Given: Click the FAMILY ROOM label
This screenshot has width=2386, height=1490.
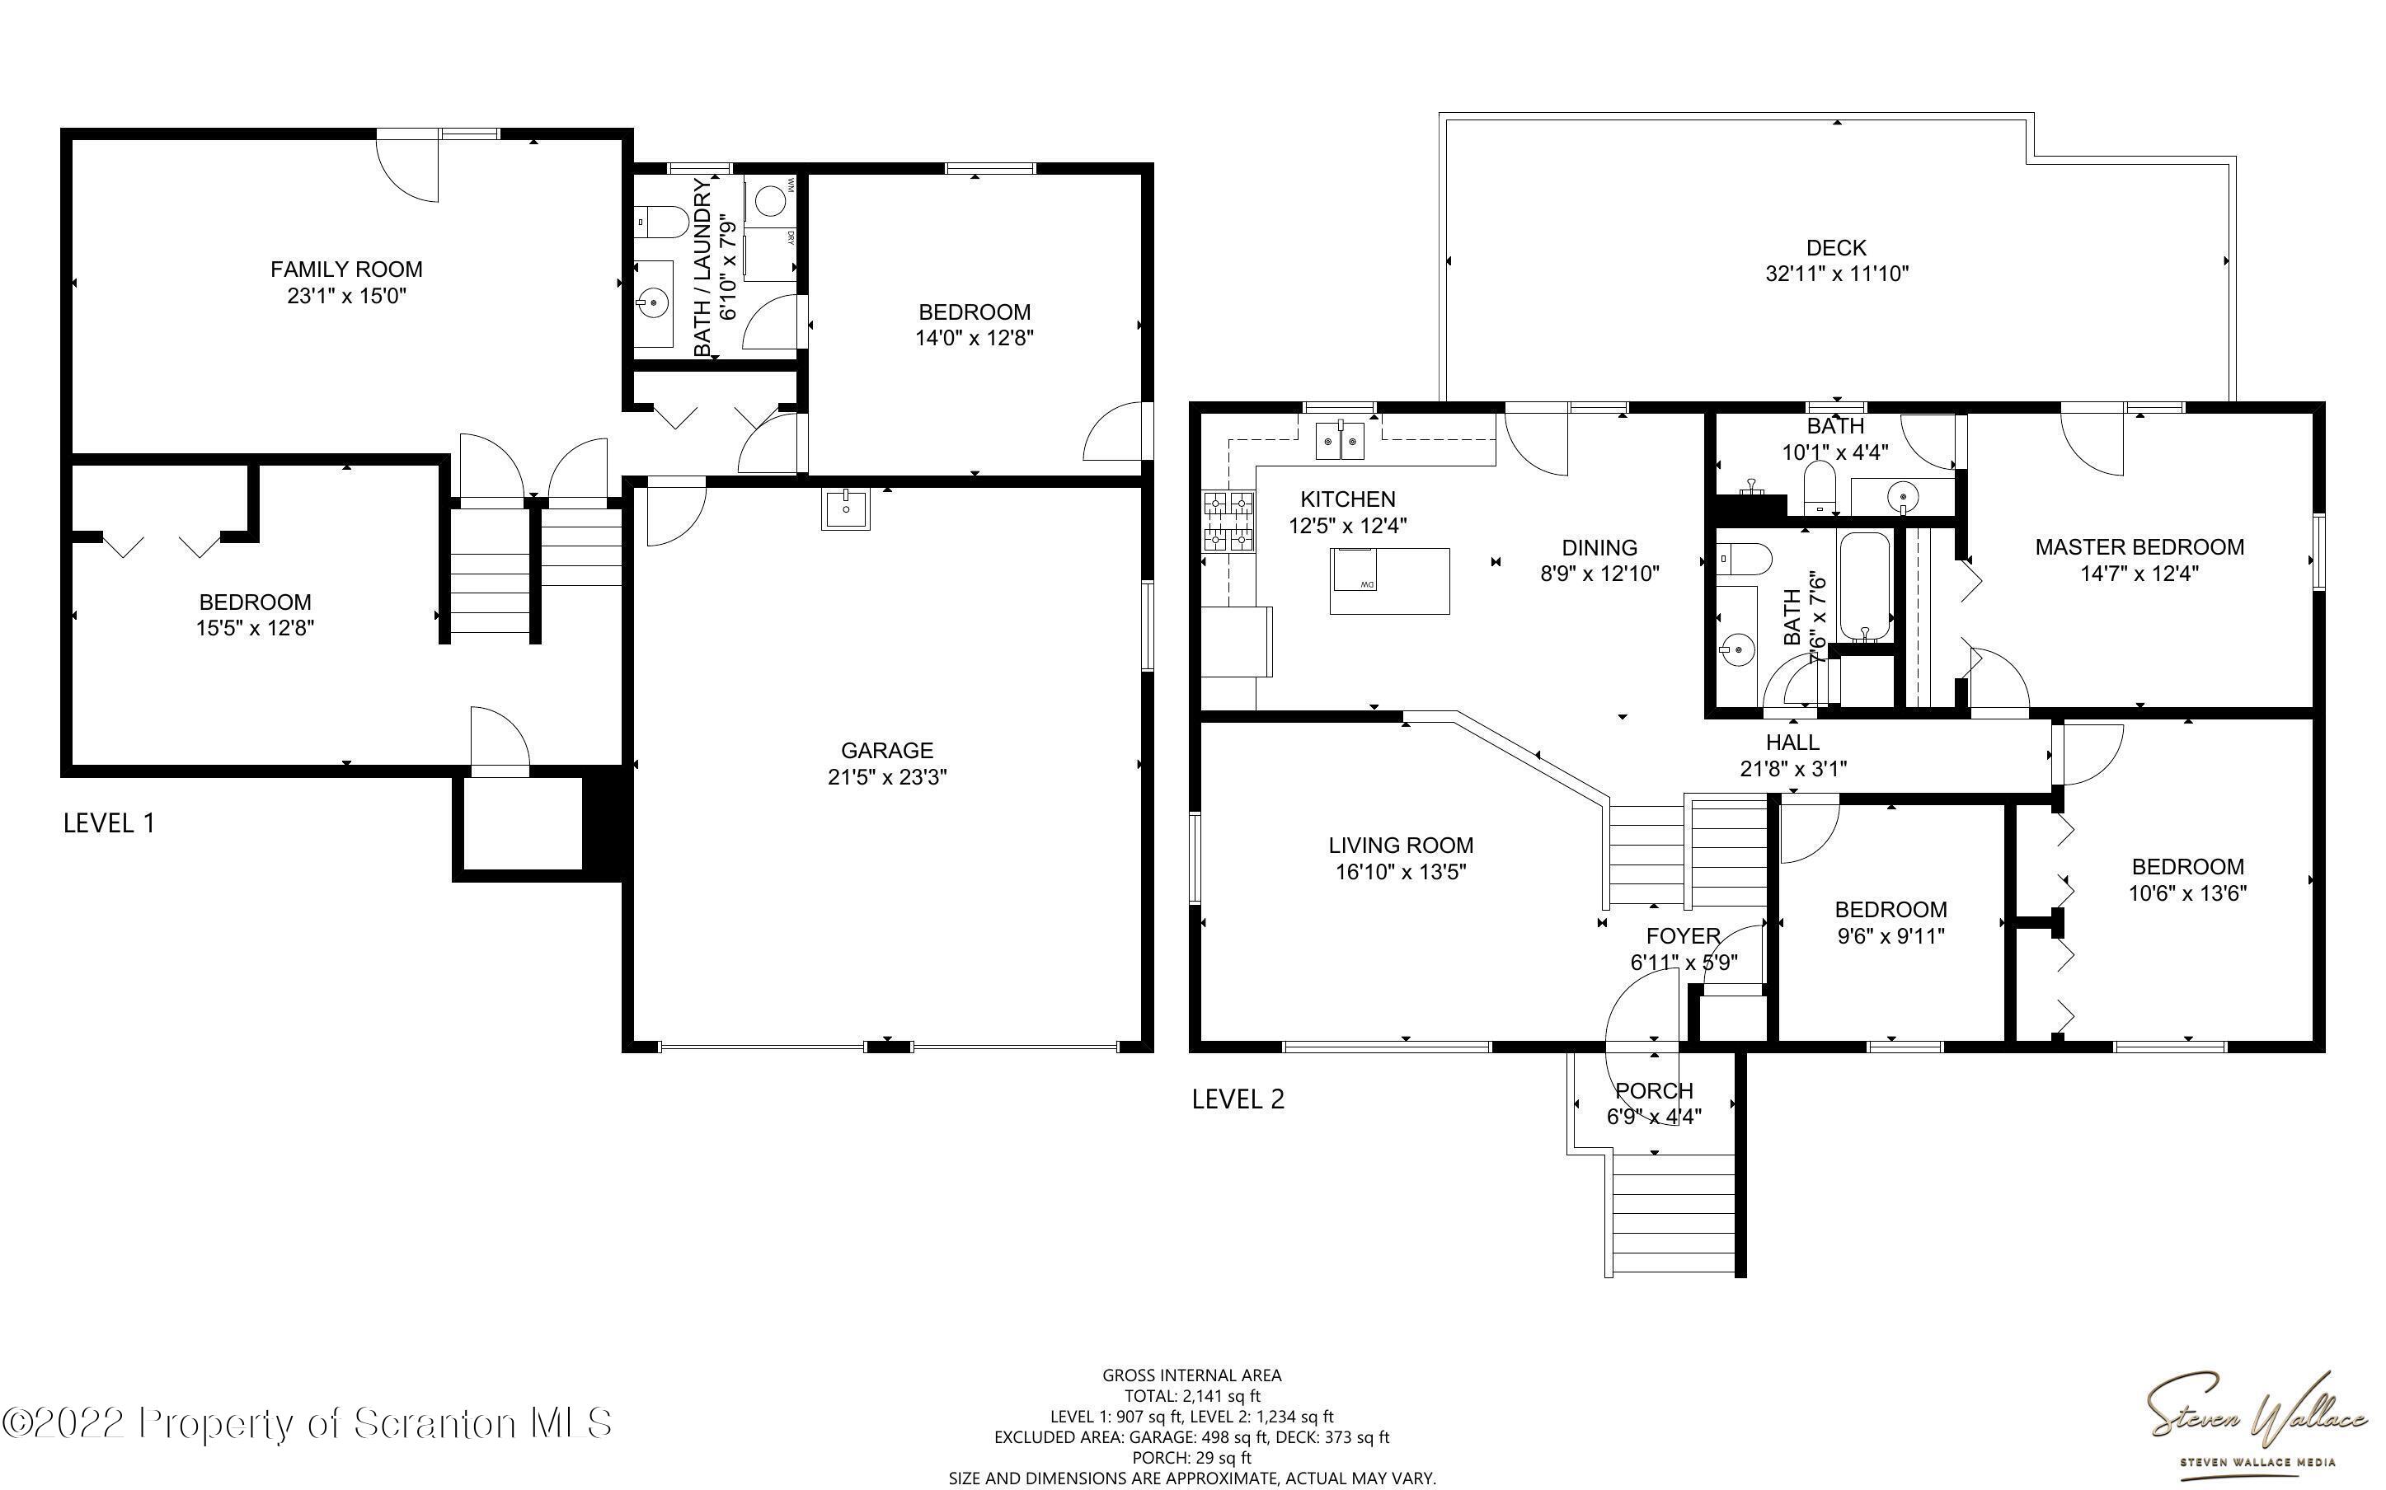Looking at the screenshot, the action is tap(346, 269).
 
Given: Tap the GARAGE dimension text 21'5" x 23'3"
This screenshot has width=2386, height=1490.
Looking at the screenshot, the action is tap(887, 776).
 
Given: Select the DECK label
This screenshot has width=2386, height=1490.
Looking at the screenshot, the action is tap(1836, 247).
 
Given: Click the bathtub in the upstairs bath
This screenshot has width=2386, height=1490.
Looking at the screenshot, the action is tap(1865, 588).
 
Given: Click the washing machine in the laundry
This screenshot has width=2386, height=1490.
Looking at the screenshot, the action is tap(770, 201).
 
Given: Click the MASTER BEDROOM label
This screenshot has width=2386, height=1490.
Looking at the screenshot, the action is tap(2139, 547).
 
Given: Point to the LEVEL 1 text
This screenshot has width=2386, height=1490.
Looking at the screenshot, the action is tap(110, 822).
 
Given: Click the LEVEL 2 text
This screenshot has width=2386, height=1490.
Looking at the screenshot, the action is tap(1238, 1099).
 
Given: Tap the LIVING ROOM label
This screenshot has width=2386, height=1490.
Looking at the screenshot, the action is tap(1401, 846).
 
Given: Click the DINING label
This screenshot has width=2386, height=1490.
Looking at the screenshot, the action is tap(1599, 548).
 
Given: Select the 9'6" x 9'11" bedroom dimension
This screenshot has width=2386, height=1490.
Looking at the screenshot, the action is tap(1890, 935).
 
